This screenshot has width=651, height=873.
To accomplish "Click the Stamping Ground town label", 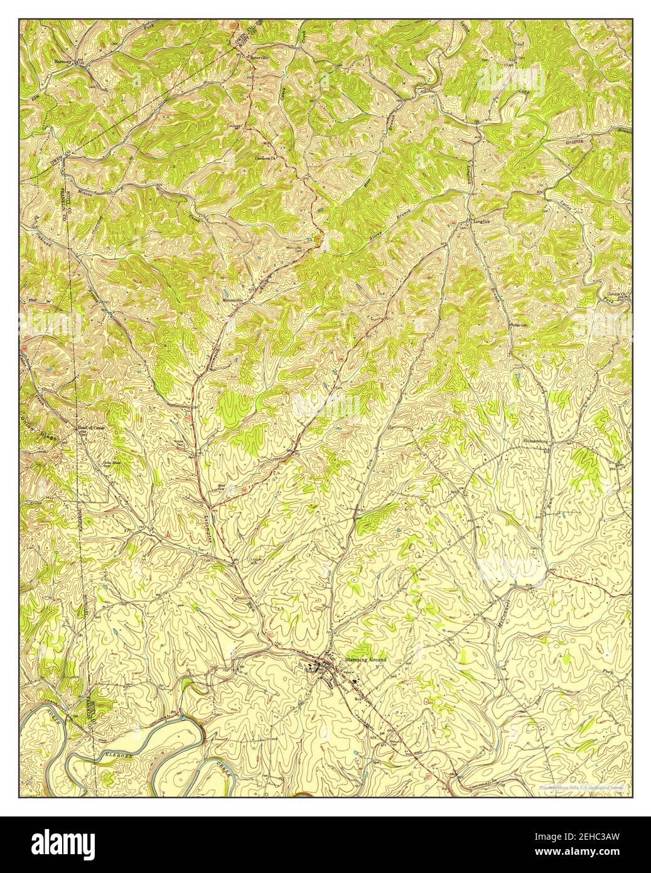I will pos(365,660).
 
